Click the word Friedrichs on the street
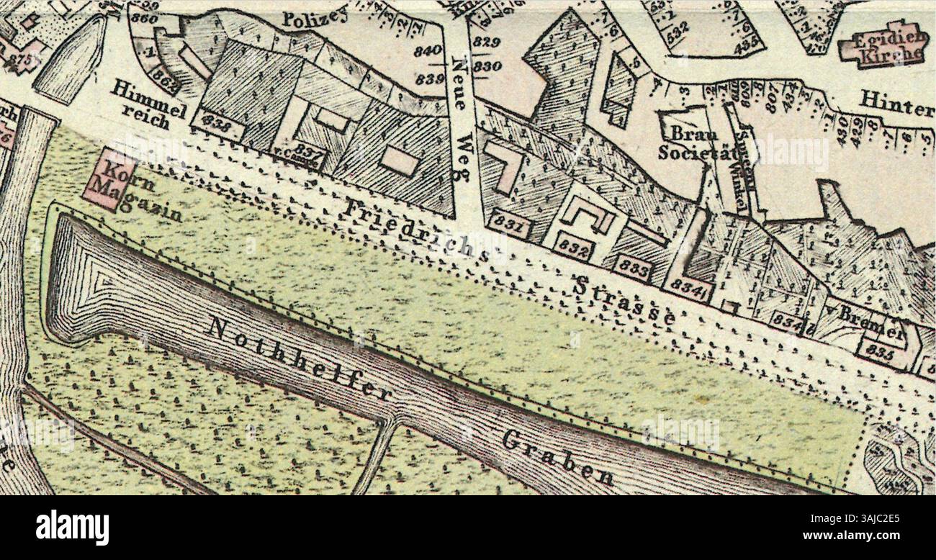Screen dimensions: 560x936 [x=415, y=230]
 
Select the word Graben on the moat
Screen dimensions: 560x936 [x=558, y=458]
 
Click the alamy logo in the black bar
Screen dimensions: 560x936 [x=72, y=528]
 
